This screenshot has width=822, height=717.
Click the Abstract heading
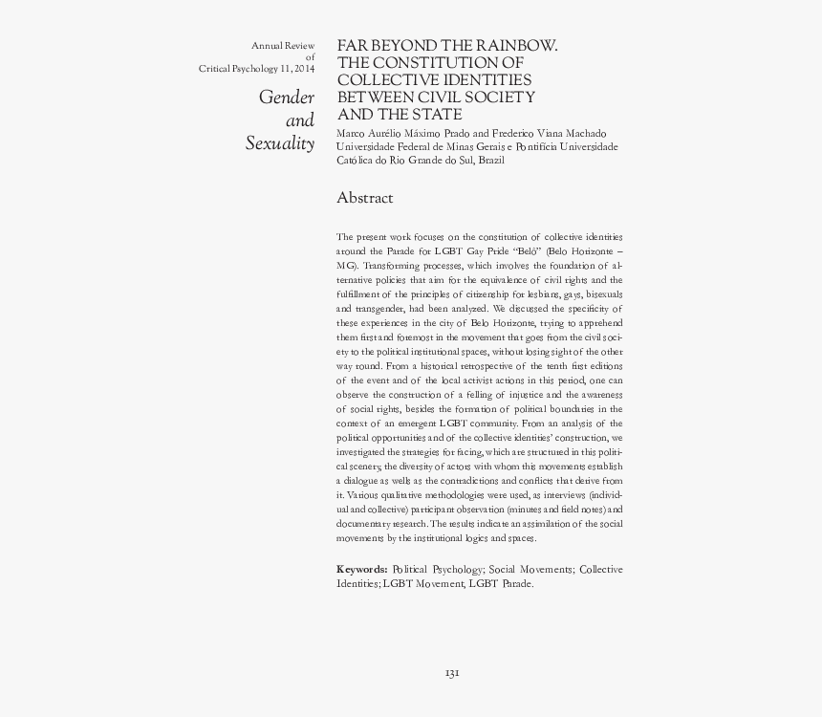coord(365,198)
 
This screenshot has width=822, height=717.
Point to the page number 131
coord(453,673)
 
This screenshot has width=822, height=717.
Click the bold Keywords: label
coord(362,569)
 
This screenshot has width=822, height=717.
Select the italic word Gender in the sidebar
coord(287,98)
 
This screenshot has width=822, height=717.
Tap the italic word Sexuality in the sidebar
coord(280,144)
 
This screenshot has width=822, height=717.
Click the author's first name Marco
coord(351,132)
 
